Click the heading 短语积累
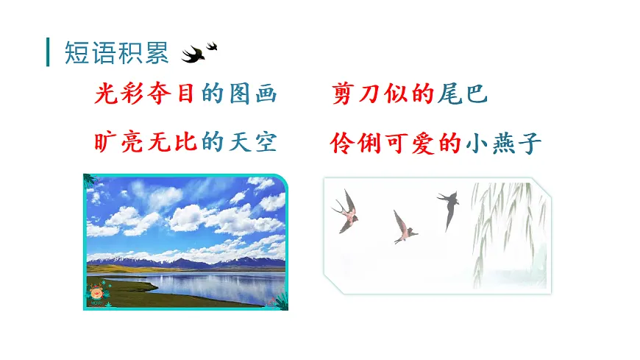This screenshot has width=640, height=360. point(116,53)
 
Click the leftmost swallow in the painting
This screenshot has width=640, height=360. point(346,211)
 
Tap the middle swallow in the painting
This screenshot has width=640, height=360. point(402,227)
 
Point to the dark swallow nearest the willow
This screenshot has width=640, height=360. point(449,207)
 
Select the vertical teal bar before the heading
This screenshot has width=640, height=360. point(49,53)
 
